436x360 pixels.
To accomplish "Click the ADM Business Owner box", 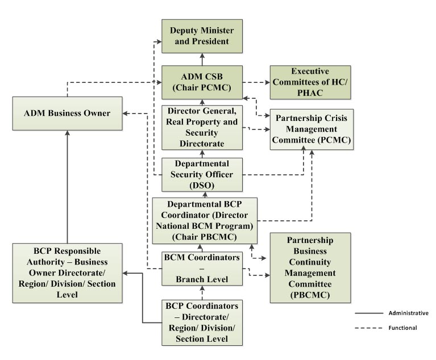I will [68, 113].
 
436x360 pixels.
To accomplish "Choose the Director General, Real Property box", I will [202, 127].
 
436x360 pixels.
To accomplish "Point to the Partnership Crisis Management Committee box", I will [311, 128].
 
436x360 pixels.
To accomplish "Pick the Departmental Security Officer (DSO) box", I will [202, 174].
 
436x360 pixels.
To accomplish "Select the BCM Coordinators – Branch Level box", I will [202, 268].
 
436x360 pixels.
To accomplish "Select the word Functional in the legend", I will [403, 328].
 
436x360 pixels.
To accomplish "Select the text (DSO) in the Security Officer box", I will [202, 185].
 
